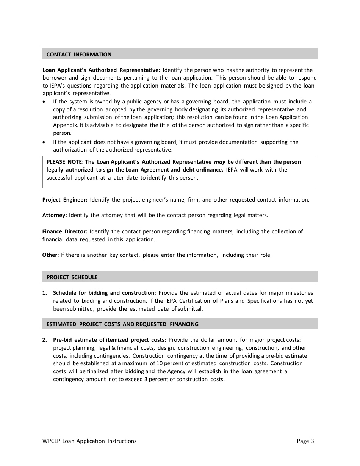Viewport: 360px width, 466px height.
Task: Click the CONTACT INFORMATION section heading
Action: (x=79, y=55)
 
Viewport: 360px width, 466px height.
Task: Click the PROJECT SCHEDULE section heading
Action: (x=72, y=277)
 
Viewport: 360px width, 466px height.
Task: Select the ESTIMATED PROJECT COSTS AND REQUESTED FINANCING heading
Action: (x=122, y=324)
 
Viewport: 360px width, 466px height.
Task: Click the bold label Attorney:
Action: (x=55, y=215)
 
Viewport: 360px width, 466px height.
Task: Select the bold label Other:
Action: (x=50, y=255)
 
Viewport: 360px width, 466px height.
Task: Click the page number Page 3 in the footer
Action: (x=305, y=441)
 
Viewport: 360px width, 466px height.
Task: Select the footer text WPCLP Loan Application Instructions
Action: (x=89, y=441)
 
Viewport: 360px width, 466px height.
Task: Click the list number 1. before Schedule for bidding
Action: (x=45, y=293)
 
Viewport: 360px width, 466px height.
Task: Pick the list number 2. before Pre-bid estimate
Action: (x=45, y=340)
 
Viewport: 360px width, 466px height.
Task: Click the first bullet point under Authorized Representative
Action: (x=45, y=102)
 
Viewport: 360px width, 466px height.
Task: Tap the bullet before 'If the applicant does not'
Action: (x=45, y=142)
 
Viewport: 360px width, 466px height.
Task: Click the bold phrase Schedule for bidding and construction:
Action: (x=104, y=293)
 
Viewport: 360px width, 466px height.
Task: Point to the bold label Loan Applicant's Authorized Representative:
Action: (x=101, y=70)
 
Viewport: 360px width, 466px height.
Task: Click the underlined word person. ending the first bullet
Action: (x=62, y=133)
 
